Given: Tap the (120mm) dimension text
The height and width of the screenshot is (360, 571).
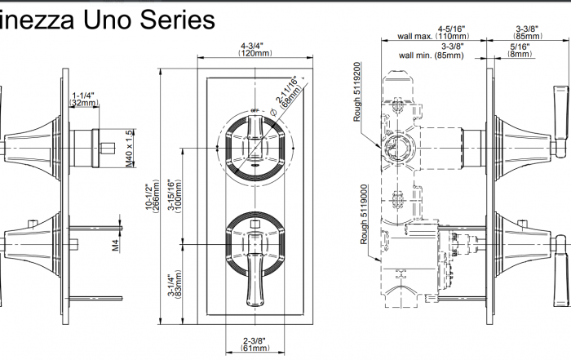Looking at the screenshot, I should [x=255, y=54].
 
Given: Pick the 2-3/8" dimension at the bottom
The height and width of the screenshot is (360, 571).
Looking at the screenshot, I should [x=255, y=341].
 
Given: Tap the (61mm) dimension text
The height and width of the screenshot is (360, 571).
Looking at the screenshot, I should [x=255, y=350].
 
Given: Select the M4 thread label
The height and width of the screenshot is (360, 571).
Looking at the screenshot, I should [x=116, y=242].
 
